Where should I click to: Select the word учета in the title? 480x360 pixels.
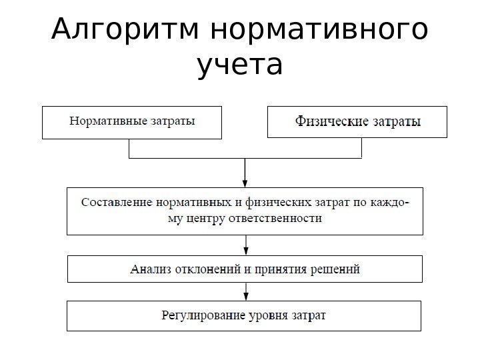(x=240, y=67)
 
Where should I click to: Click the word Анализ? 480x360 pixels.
(x=150, y=270)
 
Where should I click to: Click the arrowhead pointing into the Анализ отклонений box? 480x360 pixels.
(x=245, y=251)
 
